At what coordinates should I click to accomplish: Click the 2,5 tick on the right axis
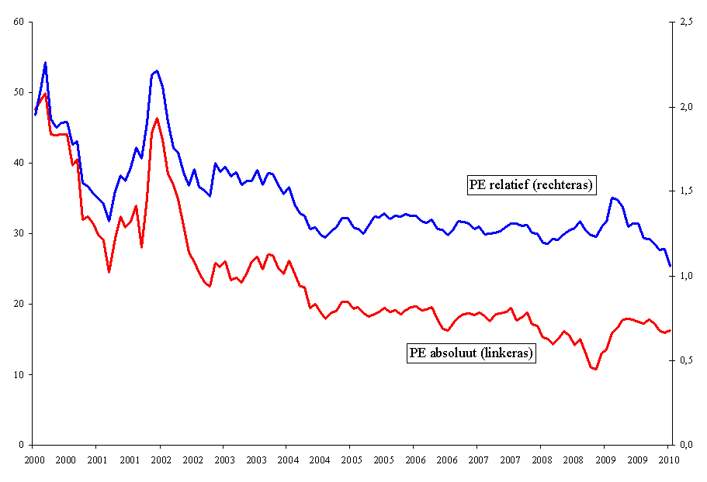[685, 22]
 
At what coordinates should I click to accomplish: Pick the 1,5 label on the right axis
[685, 191]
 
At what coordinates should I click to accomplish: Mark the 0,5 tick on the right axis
[685, 360]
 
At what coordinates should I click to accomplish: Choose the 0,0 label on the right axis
[685, 445]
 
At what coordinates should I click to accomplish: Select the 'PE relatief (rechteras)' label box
[532, 184]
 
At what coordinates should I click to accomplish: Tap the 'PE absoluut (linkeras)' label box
[471, 353]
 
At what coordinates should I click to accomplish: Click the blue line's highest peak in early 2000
[45, 63]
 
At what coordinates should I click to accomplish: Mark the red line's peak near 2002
[157, 119]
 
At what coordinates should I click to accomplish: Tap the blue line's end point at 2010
[670, 266]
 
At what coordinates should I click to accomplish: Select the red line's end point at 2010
[670, 330]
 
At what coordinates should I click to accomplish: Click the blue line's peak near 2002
[157, 71]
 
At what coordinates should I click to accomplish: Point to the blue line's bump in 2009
[613, 198]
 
